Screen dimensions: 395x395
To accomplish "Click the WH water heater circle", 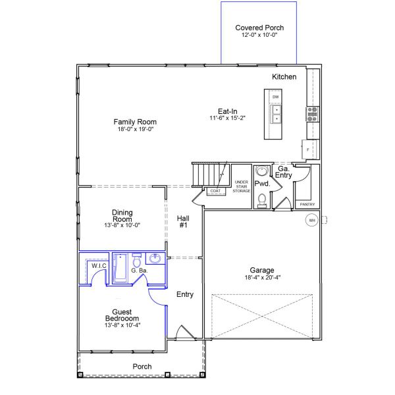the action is (x=312, y=221).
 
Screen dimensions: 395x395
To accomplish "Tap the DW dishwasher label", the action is (x=276, y=97).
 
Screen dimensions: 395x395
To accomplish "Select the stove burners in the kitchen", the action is (x=312, y=114).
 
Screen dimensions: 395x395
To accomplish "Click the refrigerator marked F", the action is (x=309, y=149).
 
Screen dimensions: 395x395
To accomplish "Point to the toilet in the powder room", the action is (x=262, y=201).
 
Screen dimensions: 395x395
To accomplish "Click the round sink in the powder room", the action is (x=262, y=171).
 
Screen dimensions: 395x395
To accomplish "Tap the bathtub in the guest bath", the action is (x=120, y=269).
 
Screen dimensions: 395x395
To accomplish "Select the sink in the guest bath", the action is (x=155, y=259).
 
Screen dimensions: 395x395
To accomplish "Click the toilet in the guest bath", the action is (x=136, y=261).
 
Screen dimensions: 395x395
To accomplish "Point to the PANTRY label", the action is (x=307, y=204).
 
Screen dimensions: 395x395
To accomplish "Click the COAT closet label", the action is (x=215, y=191).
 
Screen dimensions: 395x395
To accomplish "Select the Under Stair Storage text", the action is (x=242, y=186).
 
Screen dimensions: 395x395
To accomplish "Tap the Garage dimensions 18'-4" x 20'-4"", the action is (x=263, y=278).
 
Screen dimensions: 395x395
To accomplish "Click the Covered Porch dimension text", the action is (x=259, y=35).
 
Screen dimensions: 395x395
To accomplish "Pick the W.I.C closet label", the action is (x=99, y=266).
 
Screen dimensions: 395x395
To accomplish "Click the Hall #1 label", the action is (x=183, y=222).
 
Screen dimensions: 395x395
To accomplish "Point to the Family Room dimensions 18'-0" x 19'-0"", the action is (x=136, y=129).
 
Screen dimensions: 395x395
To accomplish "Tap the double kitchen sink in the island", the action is (x=276, y=114).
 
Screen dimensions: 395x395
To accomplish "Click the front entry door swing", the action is (x=185, y=332).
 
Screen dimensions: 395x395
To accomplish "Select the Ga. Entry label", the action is (x=283, y=172).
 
